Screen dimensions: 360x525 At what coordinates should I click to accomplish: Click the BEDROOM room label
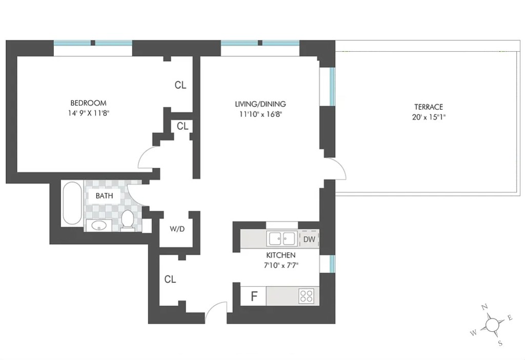click(x=88, y=103)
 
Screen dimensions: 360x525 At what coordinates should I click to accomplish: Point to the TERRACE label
click(x=429, y=107)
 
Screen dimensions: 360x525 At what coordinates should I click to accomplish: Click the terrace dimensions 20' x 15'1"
click(x=429, y=117)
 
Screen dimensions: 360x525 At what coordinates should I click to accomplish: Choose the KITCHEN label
click(x=280, y=255)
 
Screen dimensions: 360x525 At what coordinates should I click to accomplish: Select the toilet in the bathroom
click(x=127, y=219)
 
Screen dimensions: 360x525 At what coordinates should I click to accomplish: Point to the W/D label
click(x=177, y=229)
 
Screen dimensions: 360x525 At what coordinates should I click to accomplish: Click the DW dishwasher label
click(x=309, y=239)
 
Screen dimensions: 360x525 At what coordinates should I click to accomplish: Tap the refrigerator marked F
click(x=253, y=296)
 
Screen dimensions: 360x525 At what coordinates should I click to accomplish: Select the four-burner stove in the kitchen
click(x=306, y=296)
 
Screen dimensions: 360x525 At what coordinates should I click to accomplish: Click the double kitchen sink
click(x=282, y=238)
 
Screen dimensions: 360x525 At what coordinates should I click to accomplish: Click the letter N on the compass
click(x=484, y=307)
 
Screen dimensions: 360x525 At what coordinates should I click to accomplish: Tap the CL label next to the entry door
click(x=170, y=279)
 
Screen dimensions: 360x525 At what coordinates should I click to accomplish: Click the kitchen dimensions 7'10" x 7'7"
click(x=281, y=265)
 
